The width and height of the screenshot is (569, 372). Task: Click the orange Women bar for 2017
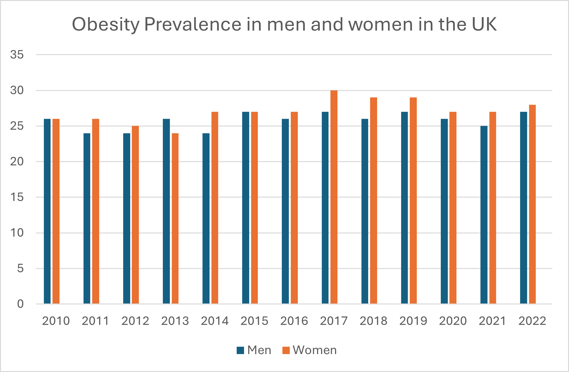[334, 197]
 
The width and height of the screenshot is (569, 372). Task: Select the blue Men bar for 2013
[166, 211]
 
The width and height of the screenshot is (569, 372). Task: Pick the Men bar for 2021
[484, 215]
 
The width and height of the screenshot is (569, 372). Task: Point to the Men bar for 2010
[47, 211]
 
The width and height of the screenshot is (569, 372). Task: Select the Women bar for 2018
[374, 200]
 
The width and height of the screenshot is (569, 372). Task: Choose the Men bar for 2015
[246, 208]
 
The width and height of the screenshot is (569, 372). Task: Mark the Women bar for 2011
[96, 211]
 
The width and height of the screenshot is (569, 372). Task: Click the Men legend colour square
[240, 350]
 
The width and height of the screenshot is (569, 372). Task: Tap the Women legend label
[315, 350]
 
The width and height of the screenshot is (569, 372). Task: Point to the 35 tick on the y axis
[17, 55]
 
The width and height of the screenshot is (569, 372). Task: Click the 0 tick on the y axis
[20, 304]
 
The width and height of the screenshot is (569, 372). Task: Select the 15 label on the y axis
[17, 197]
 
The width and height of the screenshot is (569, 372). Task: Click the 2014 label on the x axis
[215, 321]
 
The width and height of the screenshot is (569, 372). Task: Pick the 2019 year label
[413, 321]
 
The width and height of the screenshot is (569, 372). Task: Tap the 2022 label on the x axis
[532, 321]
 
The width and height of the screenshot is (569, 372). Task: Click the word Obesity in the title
[106, 25]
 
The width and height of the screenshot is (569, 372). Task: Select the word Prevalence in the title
[193, 24]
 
